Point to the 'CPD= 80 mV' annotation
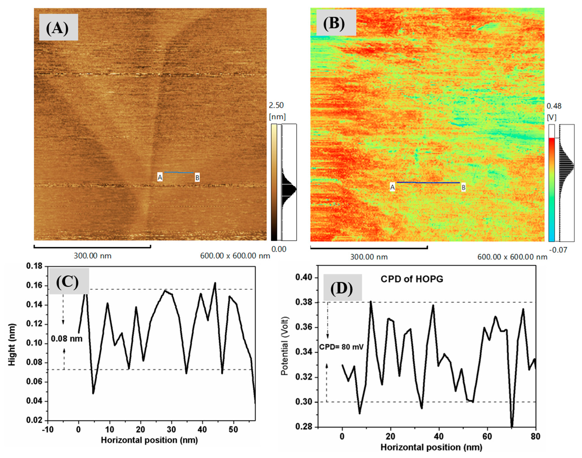(341, 347)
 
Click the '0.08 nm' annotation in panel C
(67, 339)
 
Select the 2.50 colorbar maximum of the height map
(276, 105)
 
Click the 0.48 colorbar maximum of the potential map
(554, 106)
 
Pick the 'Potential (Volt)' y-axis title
(284, 346)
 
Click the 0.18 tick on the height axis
(34, 266)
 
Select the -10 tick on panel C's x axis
(48, 429)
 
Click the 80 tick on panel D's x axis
(535, 436)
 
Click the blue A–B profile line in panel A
(179, 172)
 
